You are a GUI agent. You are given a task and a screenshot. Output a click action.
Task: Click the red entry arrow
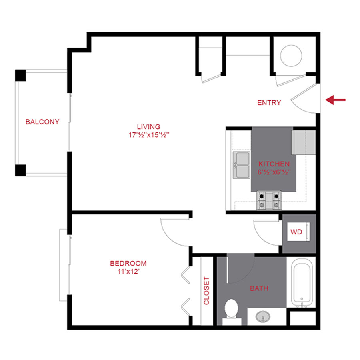(335, 100)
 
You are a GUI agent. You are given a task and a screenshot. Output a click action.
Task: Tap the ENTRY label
(269, 103)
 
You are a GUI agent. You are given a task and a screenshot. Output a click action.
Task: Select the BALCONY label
(42, 122)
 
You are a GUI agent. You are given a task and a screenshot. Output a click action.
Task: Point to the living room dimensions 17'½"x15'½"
(147, 135)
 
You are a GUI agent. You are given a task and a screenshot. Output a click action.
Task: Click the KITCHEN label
(274, 164)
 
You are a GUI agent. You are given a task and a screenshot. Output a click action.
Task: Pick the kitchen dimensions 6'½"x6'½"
(274, 172)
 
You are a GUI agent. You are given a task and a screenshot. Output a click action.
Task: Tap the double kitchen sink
(242, 165)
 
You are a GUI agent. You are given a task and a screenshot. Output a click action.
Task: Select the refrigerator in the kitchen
(304, 142)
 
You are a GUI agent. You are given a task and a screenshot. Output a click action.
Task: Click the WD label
(296, 232)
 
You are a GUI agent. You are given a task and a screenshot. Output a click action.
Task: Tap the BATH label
(259, 288)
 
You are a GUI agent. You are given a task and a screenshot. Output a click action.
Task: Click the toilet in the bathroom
(231, 310)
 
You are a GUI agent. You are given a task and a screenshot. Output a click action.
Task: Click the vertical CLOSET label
(206, 291)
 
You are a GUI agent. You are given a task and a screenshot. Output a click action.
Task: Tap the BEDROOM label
(128, 264)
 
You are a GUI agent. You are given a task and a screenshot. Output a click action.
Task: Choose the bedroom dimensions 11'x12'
(128, 272)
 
